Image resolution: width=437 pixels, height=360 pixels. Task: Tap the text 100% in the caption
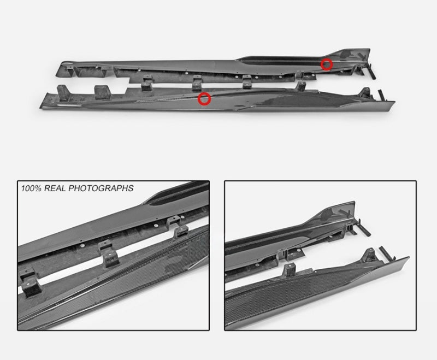pos(31,188)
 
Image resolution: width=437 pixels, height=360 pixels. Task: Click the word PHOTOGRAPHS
pos(101,188)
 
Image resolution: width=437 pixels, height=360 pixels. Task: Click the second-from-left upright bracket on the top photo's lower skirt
pos(102,92)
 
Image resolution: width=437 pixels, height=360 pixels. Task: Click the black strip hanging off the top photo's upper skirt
pos(371,72)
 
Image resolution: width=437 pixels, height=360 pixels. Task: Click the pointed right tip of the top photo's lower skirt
pos(394,102)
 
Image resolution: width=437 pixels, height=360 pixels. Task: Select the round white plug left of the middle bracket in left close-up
pos(82,245)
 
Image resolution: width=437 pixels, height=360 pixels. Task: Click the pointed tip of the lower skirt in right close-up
pos(408,258)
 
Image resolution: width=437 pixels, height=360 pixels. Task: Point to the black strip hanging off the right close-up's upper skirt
pos(363,228)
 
